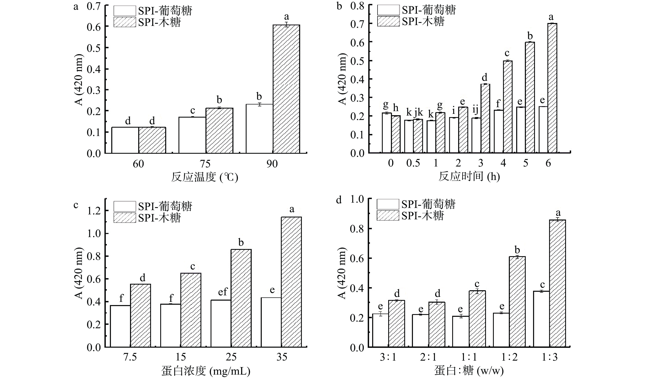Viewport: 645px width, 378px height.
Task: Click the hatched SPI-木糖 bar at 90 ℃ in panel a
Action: coord(286,89)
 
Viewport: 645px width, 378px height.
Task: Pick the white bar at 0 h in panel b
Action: coord(386,133)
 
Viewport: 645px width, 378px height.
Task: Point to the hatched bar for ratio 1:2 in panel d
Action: coord(517,302)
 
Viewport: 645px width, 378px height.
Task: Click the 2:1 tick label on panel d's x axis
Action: coord(428,357)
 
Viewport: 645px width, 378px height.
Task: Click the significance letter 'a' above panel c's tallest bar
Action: coord(291,210)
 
